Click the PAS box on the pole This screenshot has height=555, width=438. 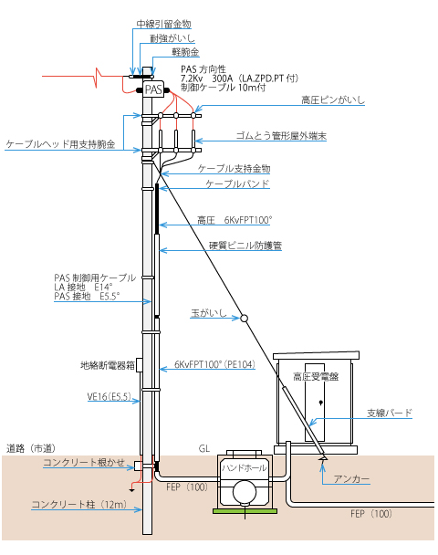(x=153, y=89)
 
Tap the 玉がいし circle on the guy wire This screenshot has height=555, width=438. (x=244, y=319)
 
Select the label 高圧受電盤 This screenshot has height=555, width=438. (x=316, y=377)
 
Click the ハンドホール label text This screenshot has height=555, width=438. (x=245, y=468)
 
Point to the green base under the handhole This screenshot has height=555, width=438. (x=245, y=511)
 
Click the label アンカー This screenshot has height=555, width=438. (x=351, y=479)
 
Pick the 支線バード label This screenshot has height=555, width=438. (x=390, y=414)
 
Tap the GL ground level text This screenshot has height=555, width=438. (x=204, y=449)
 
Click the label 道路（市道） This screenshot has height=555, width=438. (x=32, y=449)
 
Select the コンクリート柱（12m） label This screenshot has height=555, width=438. (x=79, y=505)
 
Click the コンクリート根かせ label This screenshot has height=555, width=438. (x=84, y=462)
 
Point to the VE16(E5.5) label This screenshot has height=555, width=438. (x=109, y=397)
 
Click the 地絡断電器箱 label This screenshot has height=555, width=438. (x=108, y=365)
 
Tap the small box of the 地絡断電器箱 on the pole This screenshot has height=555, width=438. (x=139, y=365)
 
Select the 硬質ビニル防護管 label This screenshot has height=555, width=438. (x=245, y=246)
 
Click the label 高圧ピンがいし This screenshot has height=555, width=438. (x=333, y=100)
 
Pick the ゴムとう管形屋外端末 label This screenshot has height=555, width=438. (x=281, y=136)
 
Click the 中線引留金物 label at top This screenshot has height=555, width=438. (x=164, y=24)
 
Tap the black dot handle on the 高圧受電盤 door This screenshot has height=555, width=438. (x=321, y=403)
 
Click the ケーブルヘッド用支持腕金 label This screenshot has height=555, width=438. (x=60, y=144)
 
